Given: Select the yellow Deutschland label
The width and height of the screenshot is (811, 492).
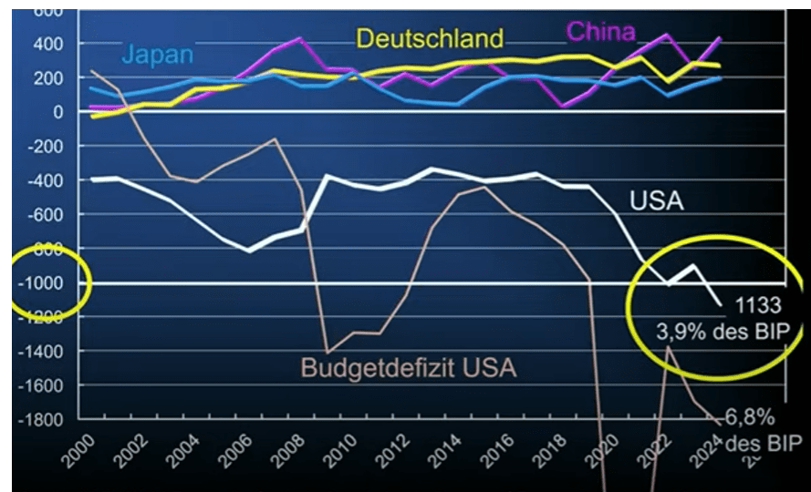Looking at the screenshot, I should tap(429, 38).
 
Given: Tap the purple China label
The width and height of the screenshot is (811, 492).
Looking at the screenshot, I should tap(601, 32).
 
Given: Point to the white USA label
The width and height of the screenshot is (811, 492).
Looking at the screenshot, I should tap(656, 200).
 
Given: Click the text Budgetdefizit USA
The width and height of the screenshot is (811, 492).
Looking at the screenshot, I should tap(410, 369).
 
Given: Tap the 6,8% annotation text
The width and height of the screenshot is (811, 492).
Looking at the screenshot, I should tap(750, 418).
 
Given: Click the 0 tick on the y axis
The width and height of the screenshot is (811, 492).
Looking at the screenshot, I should tap(57, 112).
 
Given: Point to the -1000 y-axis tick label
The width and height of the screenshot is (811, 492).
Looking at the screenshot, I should tap(41, 283).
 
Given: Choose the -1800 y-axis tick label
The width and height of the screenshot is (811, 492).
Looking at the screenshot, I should tap(41, 420).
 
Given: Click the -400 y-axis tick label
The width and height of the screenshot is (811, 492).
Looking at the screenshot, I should tap(45, 180).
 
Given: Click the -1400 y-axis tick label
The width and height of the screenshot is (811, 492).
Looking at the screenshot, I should tap(41, 352).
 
